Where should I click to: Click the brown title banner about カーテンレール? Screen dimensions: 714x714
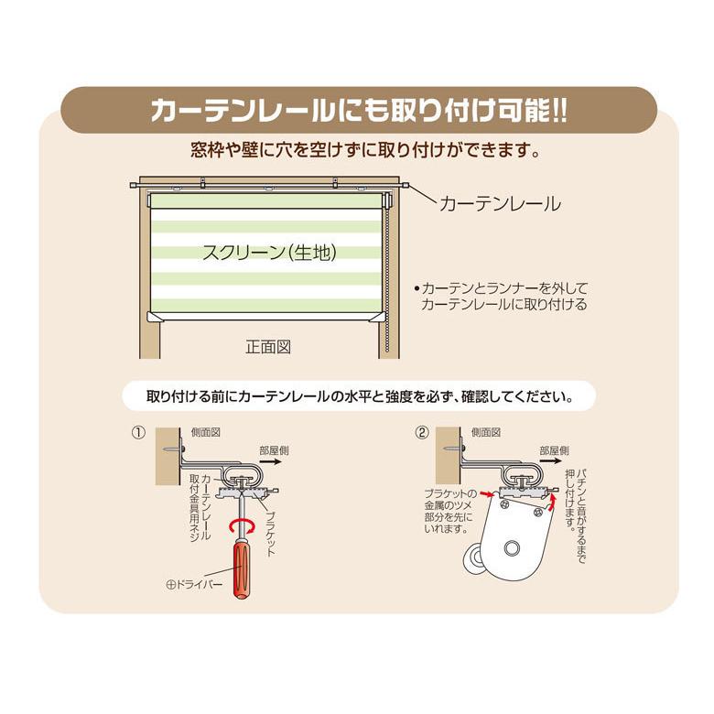[358, 110]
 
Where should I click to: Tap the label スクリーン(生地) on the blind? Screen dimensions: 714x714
[266, 254]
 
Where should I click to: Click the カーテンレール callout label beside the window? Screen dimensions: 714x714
[500, 203]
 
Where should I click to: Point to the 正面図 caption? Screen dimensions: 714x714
[268, 348]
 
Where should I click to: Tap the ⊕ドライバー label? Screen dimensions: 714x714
[194, 583]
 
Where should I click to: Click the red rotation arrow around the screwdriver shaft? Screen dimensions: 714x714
[243, 525]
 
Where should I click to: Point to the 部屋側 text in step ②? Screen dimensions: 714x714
[553, 449]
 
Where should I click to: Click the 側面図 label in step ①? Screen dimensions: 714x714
[206, 431]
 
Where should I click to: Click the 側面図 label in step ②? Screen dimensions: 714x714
[485, 431]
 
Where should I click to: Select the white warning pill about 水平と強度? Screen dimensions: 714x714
[358, 397]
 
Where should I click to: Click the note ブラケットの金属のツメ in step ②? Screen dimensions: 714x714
[438, 510]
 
